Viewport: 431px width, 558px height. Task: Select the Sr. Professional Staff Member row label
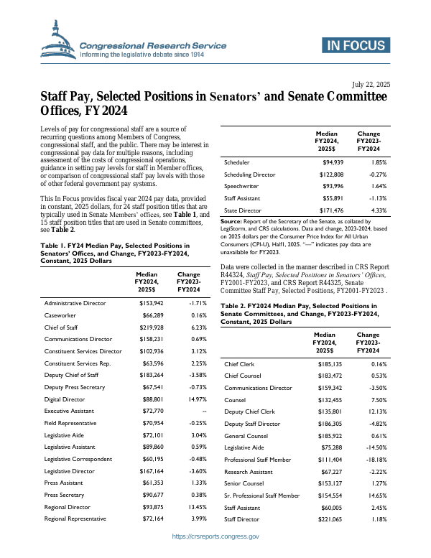coord(261,496)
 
